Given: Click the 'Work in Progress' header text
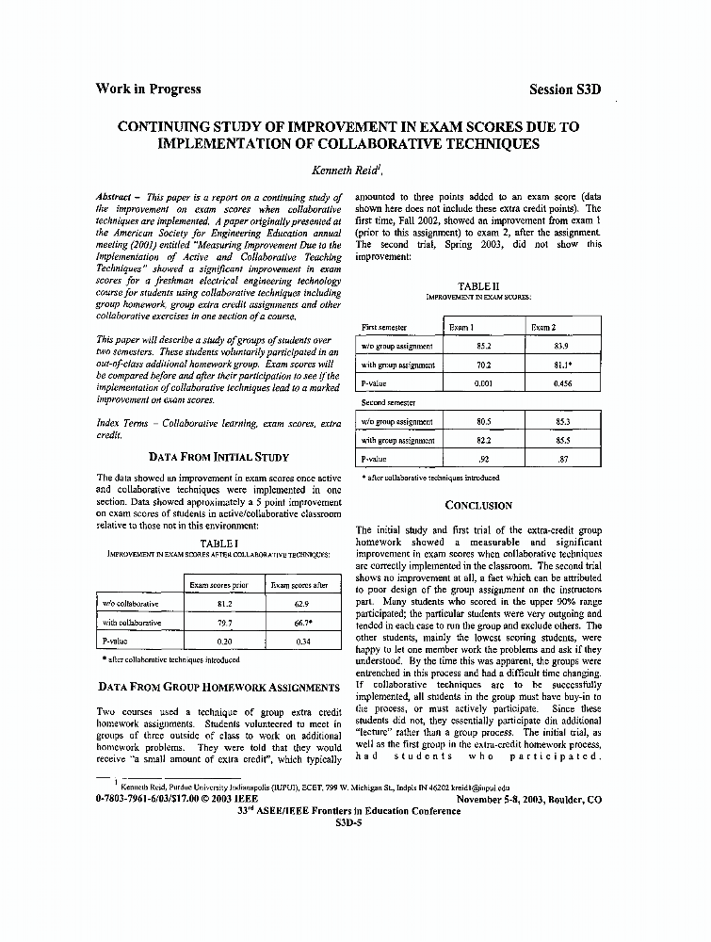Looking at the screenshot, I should coord(148,89).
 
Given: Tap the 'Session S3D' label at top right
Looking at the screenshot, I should coord(565,90).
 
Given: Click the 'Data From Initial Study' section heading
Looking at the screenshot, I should coord(218,458).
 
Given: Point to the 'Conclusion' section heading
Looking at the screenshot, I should coord(478,505).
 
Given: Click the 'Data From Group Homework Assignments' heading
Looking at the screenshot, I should coord(218,688).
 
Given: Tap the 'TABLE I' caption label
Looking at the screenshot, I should coord(218,544).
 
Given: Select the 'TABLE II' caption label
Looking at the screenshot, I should coord(478,285).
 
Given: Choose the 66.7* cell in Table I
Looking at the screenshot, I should coord(301,623).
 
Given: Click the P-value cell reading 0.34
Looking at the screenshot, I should coord(301,642).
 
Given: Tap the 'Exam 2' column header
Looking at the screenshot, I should coord(543,327).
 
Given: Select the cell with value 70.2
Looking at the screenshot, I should coord(484,365).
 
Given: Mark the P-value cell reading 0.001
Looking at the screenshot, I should coord(484,383).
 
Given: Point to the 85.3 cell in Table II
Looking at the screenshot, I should coord(562,422).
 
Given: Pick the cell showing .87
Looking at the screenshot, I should coord(562,459).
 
